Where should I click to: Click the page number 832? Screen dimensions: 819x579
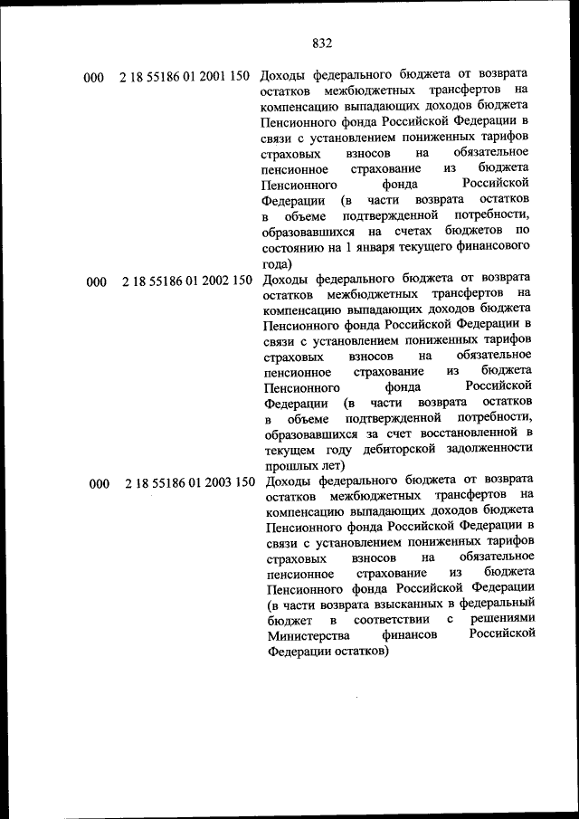coord(323,43)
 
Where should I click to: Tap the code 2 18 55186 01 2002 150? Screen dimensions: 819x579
coord(186,281)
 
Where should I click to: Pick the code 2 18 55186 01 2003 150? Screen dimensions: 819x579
coord(190,483)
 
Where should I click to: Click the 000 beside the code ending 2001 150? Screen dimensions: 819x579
coord(93,78)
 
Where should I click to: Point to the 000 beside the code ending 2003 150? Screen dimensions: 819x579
coord(100,484)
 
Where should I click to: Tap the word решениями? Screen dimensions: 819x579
coord(504,620)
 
